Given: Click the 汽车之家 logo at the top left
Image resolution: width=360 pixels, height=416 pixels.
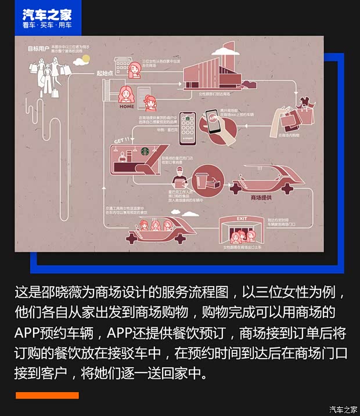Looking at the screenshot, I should (47, 18).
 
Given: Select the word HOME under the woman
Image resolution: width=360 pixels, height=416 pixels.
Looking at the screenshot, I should (127, 107).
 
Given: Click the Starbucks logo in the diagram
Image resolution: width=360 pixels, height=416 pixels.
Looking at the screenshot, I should (145, 151).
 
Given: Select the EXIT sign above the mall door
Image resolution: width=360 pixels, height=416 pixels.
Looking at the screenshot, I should (242, 219).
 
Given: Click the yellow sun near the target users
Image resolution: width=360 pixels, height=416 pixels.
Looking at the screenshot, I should (85, 59).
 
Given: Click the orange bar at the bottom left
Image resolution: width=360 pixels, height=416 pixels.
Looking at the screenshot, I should (46, 396).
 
